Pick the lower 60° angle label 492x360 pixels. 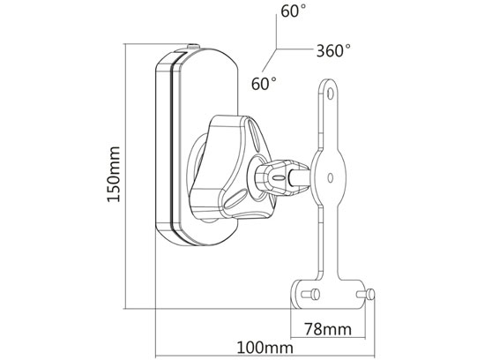264,84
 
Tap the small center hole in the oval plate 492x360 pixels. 330,176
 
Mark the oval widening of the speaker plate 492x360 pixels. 330,176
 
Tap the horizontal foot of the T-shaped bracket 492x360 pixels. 331,292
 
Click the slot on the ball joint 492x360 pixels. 280,176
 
